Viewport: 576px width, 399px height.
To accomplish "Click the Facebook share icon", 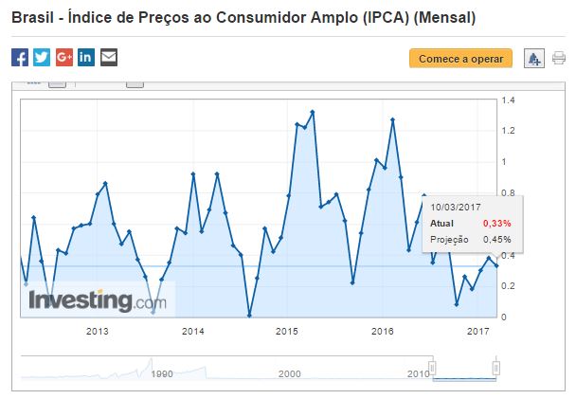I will coord(20,57).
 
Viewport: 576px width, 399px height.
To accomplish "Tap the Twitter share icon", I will coord(42,57).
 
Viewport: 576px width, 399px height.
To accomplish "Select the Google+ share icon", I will coord(64,57).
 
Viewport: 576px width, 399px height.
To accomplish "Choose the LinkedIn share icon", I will coord(86,57).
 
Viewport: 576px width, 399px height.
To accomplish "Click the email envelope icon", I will coord(109,57).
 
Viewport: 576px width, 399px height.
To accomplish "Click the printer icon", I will coord(559,58).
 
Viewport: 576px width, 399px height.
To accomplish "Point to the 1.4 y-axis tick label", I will coord(508,100).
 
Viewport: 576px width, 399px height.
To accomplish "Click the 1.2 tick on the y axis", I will coord(508,131).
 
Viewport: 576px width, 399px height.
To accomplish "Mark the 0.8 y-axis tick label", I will coord(508,193).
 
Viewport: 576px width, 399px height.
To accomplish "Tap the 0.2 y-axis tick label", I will coord(508,286).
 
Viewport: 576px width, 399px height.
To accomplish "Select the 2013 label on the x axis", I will coord(97,331).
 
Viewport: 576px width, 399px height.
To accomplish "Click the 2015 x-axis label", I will coord(288,331).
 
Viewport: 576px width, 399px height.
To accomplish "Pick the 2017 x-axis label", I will coord(478,331).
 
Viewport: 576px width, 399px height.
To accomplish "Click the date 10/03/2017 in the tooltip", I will coord(458,206).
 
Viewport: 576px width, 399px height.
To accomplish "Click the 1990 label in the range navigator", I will coord(162,374).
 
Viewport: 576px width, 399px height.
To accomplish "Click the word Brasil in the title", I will coord(32,17).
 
